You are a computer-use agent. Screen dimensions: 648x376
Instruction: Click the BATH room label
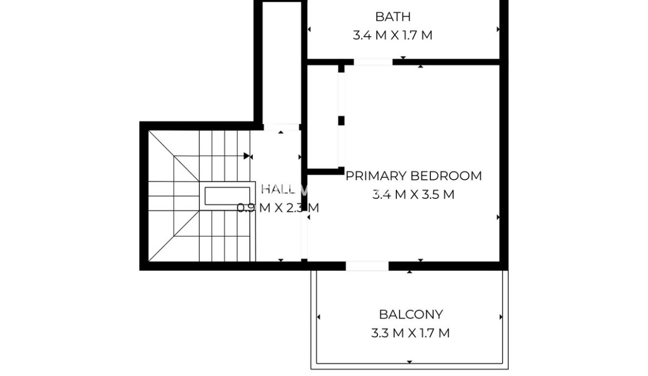[392, 17]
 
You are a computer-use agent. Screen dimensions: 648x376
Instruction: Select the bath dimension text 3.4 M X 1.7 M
[392, 35]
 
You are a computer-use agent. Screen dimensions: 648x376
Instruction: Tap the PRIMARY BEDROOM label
[414, 176]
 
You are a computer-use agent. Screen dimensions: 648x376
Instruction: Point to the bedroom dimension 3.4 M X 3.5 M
[413, 194]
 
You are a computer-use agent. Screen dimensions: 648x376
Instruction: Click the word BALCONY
[411, 314]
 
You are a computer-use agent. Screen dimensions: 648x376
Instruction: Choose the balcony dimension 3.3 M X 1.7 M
[410, 333]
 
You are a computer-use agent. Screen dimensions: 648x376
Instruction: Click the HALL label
[278, 189]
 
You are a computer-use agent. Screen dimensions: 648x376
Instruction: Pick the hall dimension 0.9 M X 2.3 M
[278, 208]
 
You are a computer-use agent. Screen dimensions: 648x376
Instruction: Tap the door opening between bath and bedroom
[373, 62]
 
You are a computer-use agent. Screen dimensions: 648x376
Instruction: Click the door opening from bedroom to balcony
[367, 266]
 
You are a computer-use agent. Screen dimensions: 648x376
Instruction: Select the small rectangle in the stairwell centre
[228, 196]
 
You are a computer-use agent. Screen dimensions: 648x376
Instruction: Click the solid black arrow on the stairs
[247, 156]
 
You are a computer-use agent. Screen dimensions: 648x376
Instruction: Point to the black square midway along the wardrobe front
[341, 121]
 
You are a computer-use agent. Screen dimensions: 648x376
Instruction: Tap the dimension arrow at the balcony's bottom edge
[409, 362]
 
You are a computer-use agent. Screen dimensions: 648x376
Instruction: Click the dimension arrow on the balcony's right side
[501, 317]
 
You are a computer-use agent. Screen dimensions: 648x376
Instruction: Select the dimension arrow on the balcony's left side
[318, 317]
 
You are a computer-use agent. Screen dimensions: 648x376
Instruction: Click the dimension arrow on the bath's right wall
[498, 30]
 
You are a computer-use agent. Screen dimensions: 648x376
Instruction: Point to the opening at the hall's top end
[282, 127]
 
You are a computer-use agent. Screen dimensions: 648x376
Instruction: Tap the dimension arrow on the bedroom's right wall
[498, 217]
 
